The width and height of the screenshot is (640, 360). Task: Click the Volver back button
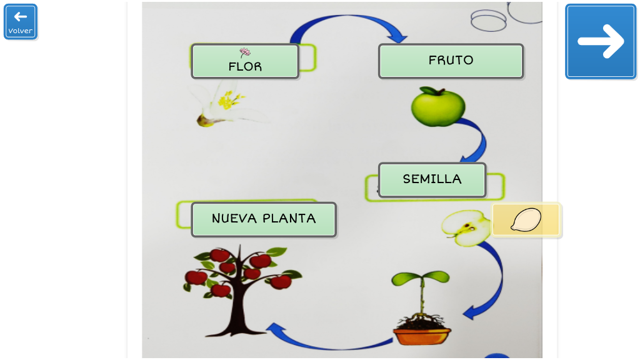tap(21, 22)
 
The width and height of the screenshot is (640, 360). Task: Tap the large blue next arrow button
tap(601, 41)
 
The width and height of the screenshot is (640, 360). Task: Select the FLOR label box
tap(245, 61)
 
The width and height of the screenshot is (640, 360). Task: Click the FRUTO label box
tap(451, 61)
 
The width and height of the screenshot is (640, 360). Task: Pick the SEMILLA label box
tap(432, 179)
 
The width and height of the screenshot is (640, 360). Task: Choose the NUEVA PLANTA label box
tap(264, 219)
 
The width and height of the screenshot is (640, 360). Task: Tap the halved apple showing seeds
tap(467, 227)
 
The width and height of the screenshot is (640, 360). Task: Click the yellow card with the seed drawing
tap(526, 220)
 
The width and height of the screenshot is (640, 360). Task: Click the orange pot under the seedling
tap(422, 335)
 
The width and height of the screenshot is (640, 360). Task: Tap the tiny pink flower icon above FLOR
tap(245, 52)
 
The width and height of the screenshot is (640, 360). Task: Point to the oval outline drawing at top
tap(488, 20)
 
